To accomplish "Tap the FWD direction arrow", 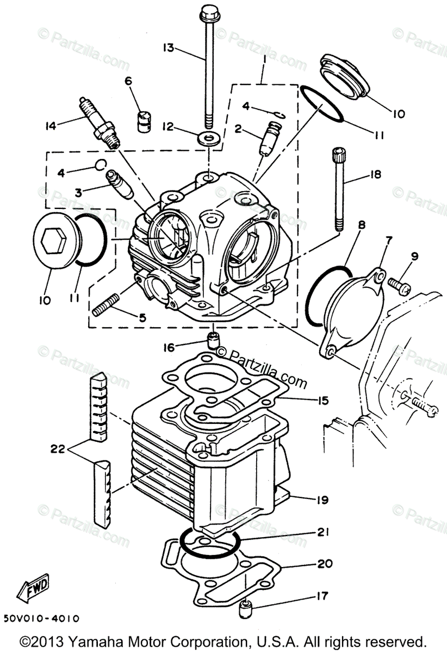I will (x=34, y=589).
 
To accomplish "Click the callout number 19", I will (x=322, y=499).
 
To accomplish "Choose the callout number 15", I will (x=323, y=401).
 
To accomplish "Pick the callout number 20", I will (x=325, y=564).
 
